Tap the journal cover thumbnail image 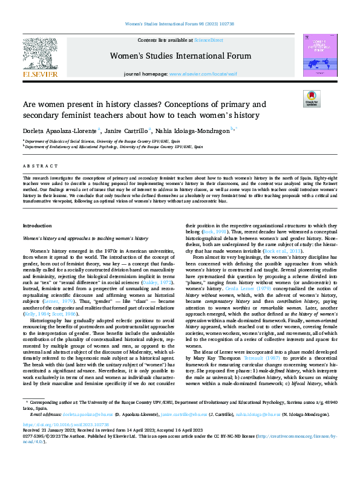[x=316, y=55]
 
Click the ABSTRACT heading [x=36, y=165]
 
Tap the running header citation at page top [x=180, y=24]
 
